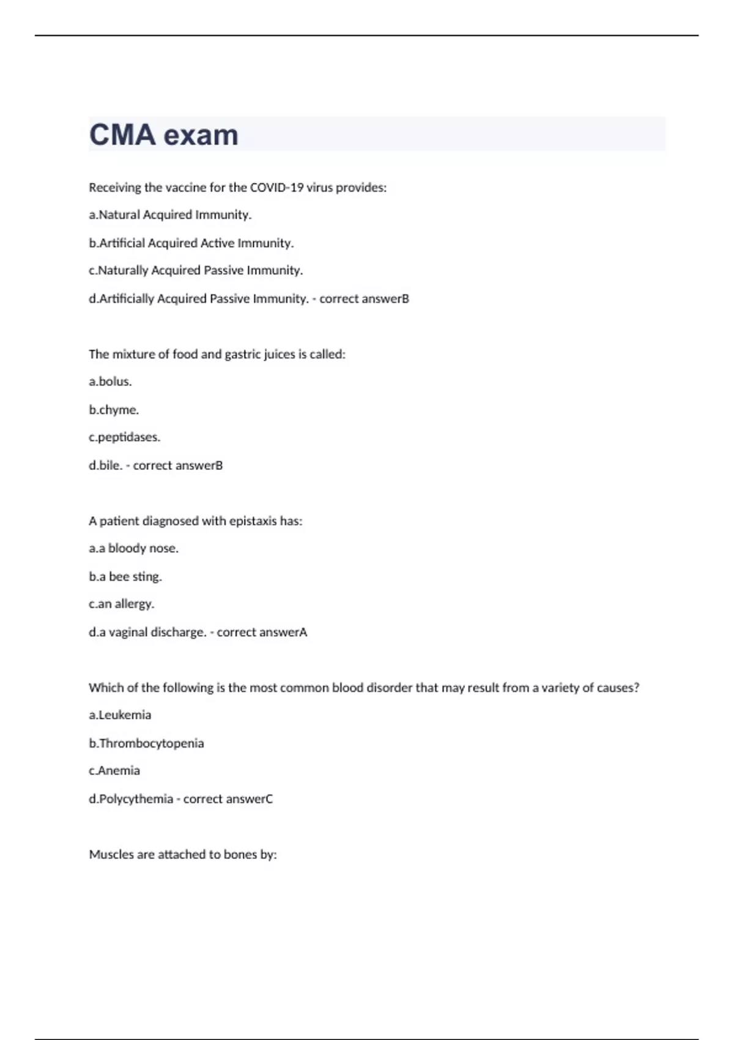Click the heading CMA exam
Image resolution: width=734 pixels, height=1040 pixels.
tap(164, 135)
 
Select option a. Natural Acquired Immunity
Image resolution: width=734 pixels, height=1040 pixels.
tap(170, 215)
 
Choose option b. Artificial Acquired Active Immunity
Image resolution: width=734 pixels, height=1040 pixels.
tap(191, 243)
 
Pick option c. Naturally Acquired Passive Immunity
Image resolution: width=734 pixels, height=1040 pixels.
tap(196, 270)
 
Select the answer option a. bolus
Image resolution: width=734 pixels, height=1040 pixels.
tap(110, 382)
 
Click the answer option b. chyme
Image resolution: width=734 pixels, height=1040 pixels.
tap(114, 410)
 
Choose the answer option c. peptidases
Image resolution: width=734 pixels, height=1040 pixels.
tap(124, 437)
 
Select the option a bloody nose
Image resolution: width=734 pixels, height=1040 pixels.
tap(133, 548)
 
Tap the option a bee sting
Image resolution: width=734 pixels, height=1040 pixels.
tap(125, 576)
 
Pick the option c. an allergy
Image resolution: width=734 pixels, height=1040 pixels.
tap(121, 604)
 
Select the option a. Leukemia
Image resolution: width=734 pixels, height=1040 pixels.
tap(120, 715)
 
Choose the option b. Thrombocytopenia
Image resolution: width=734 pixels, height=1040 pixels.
tap(146, 743)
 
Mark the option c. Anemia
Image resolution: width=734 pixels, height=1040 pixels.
tap(114, 771)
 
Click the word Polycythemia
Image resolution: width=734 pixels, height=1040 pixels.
tap(136, 799)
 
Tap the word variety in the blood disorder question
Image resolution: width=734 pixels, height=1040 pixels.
tap(562, 688)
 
